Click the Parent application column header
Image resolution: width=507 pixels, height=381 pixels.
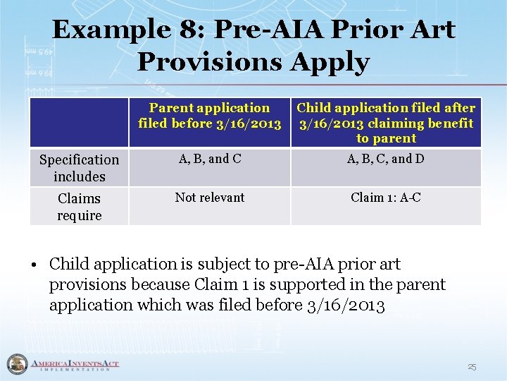[209, 116]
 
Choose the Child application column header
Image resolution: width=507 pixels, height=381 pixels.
[386, 123]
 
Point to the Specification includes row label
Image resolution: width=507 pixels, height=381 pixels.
[79, 168]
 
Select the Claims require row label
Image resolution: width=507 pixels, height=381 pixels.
[79, 207]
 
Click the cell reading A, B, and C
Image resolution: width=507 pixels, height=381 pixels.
[209, 159]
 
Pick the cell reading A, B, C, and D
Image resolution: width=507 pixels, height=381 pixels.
[386, 159]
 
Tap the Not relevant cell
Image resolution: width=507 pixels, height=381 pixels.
[209, 198]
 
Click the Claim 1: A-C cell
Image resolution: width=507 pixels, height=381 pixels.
[386, 198]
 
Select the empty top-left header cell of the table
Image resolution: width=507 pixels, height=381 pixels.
[79, 123]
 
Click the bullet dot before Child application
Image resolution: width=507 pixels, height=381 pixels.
[34, 265]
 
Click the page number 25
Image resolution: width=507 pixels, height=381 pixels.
[472, 367]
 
